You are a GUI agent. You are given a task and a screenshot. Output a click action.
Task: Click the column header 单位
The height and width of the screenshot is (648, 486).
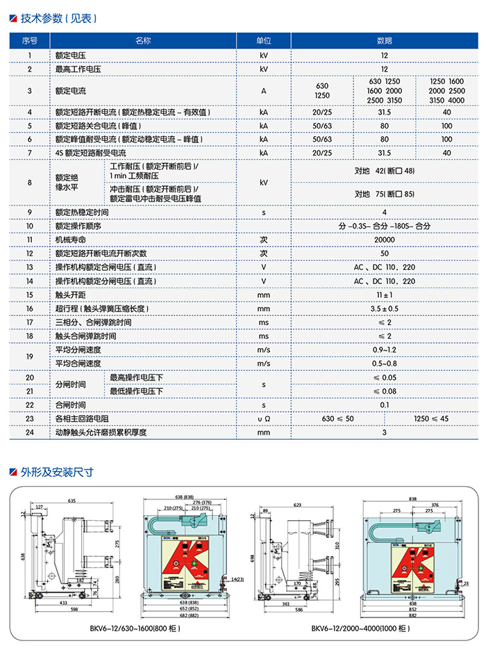pos(263,41)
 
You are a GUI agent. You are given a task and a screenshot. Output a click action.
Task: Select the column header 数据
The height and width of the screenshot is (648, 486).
pos(384,41)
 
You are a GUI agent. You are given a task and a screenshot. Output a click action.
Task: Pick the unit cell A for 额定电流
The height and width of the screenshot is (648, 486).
pos(263,91)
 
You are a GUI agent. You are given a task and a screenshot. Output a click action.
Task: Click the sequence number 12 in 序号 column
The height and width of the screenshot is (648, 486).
pos(30,254)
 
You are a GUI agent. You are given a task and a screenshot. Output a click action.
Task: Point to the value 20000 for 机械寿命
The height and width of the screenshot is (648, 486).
pos(384,240)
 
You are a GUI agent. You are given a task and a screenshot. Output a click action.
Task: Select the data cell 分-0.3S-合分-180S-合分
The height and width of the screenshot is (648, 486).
pos(384,226)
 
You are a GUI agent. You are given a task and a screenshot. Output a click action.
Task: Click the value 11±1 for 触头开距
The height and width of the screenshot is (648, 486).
pos(384,294)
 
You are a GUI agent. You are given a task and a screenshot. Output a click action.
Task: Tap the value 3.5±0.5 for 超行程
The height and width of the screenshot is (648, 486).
pos(384,308)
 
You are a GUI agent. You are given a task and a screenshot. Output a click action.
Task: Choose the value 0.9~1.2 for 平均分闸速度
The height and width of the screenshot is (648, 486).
pos(384,349)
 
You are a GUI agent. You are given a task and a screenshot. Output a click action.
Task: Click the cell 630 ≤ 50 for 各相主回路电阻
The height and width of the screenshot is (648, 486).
pos(337,419)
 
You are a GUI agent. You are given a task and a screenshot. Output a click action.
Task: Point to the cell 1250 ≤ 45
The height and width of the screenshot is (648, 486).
pos(431,419)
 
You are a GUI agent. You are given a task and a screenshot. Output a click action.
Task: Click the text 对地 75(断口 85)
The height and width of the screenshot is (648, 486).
pos(384,194)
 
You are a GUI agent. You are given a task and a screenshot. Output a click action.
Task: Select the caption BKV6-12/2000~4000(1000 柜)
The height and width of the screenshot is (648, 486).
pos(360,629)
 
